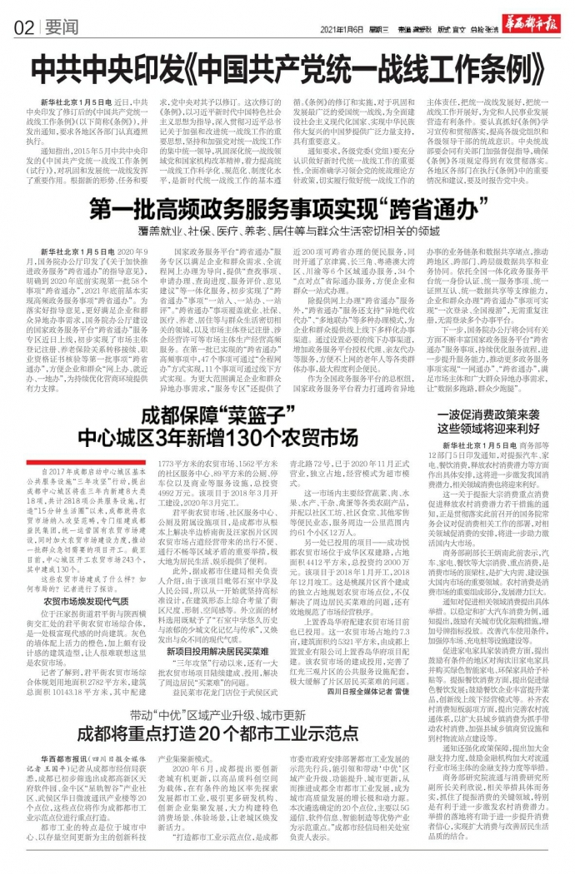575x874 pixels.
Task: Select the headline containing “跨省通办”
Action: tap(287, 209)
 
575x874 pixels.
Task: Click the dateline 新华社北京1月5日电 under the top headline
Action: tap(82, 101)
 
